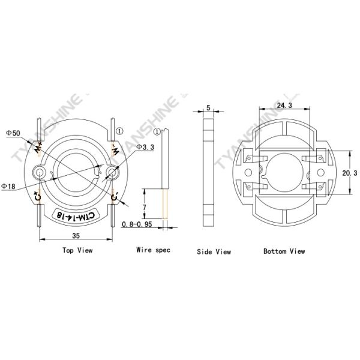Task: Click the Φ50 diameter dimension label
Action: pyautogui.click(x=13, y=133)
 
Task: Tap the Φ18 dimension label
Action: pyautogui.click(x=8, y=186)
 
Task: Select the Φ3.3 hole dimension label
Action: pyautogui.click(x=145, y=147)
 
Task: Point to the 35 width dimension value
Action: pyautogui.click(x=76, y=236)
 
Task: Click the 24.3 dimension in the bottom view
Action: pyautogui.click(x=284, y=105)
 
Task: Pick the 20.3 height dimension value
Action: pyautogui.click(x=350, y=173)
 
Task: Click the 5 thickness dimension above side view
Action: pyautogui.click(x=208, y=107)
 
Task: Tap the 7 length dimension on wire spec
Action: pyautogui.click(x=144, y=208)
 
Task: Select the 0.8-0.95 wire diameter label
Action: pyautogui.click(x=137, y=224)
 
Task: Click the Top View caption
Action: pyautogui.click(x=77, y=250)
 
